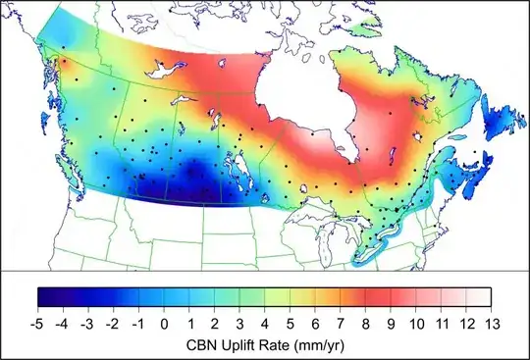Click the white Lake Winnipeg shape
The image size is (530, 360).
tap(236, 173)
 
